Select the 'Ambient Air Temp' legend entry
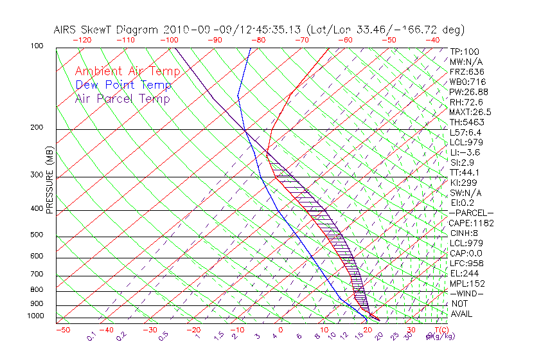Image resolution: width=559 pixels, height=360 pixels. pos(127,71)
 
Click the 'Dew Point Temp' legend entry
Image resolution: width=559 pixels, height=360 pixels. pos(123,85)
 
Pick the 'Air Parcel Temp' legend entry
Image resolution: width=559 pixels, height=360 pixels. pos(122,98)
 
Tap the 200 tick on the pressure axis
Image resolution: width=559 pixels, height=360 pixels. pos(37,127)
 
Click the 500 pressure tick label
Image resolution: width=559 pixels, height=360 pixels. pos(37,235)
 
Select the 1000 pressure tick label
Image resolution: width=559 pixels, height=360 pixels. pos(36,316)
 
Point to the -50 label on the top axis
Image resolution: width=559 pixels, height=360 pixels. pos(389,40)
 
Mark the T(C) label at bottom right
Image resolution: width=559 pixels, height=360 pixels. pos(438,330)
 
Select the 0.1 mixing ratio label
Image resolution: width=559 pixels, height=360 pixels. pos(91,336)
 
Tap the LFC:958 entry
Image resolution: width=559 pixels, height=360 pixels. pos(466,263)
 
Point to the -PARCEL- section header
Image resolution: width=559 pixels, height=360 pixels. pos(471,213)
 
